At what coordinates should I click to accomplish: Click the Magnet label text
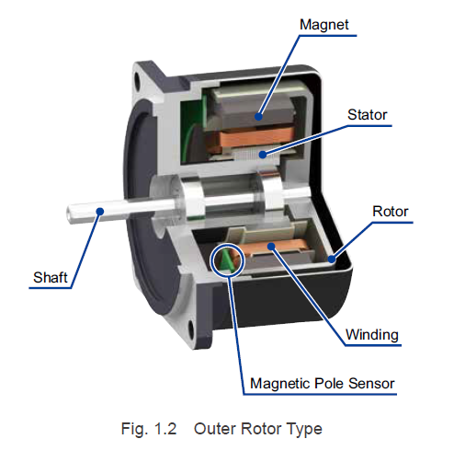point(323,25)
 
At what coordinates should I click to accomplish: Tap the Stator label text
point(367,115)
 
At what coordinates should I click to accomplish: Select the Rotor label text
point(391,212)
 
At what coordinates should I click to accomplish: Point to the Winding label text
point(372,335)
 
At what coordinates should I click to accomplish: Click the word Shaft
point(51,278)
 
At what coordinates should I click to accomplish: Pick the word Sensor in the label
point(371,384)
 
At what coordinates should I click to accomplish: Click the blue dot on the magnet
point(259,117)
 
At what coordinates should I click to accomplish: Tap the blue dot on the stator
point(263,155)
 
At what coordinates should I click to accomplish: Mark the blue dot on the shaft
point(100,212)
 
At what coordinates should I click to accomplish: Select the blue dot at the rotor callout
point(332,260)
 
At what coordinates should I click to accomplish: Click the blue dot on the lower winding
point(271,246)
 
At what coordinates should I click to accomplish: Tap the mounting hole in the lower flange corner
point(190,330)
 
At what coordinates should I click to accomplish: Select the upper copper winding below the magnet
point(251,139)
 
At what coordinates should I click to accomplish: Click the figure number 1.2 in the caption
point(165,429)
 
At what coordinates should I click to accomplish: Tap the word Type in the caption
point(305,430)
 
